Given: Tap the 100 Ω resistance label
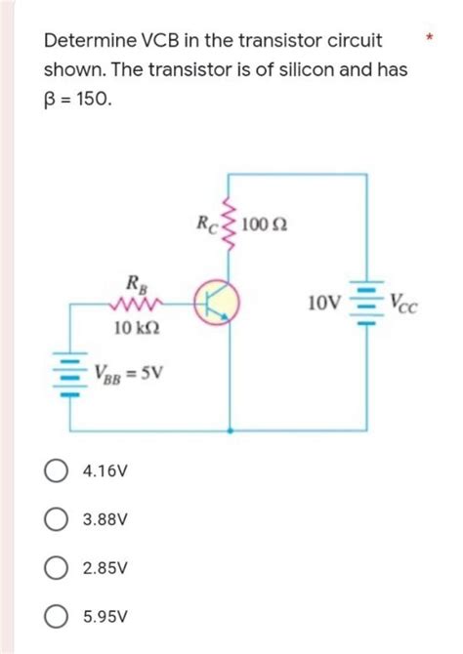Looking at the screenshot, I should (x=266, y=226).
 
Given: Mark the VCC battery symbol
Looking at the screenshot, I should (x=366, y=303).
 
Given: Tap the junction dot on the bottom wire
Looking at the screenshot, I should (x=230, y=429).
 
